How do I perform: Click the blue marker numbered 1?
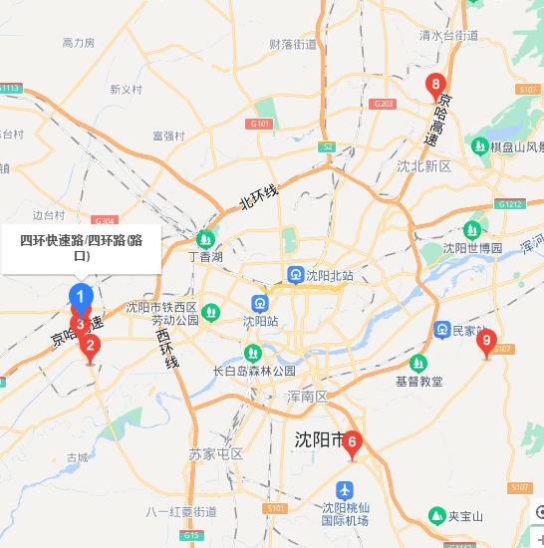point(82,297)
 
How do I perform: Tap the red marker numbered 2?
point(91,348)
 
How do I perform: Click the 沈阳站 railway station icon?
point(258,303)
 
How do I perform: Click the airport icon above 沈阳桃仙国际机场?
point(345,490)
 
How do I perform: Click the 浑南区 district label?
point(307,397)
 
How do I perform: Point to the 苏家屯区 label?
point(216,454)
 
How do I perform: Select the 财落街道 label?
point(293,44)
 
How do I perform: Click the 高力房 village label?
point(78,43)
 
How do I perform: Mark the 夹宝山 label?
point(464,516)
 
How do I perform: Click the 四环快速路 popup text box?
point(82,248)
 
